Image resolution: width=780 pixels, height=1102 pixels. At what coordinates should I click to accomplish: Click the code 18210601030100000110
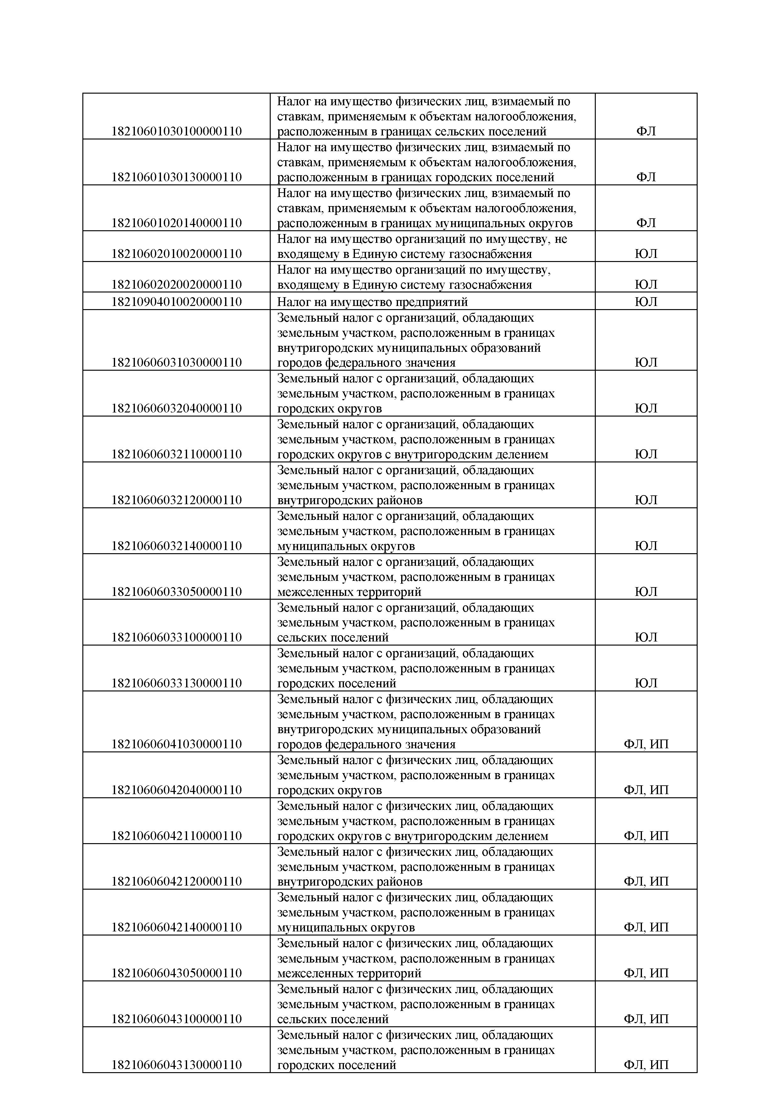tap(176, 131)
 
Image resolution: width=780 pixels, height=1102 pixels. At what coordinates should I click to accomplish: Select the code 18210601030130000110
tap(176, 177)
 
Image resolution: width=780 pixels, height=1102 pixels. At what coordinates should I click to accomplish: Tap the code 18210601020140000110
tap(176, 223)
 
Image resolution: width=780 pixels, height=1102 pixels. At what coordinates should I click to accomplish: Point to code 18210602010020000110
tap(176, 254)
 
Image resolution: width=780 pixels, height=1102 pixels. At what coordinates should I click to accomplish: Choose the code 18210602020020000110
tap(176, 284)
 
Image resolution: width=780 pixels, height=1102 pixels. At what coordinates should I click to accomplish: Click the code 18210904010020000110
tap(176, 302)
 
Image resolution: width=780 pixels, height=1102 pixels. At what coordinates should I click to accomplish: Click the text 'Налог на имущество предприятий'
tap(372, 302)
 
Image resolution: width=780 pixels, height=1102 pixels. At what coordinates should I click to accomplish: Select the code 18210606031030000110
tap(176, 363)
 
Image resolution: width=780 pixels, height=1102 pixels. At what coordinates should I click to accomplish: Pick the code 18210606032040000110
tap(176, 408)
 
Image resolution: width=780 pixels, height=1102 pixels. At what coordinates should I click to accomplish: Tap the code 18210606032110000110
tap(176, 454)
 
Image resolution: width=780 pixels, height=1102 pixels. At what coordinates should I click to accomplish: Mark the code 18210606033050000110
tap(176, 591)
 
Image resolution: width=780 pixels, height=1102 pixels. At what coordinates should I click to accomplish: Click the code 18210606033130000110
tap(176, 683)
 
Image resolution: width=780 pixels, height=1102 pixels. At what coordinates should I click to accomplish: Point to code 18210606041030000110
tap(176, 744)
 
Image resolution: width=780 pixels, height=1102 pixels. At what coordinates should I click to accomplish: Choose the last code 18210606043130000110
tap(176, 1065)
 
